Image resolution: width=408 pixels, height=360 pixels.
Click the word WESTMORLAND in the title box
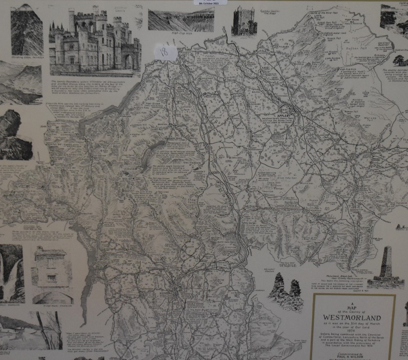pyautogui.click(x=352, y=317)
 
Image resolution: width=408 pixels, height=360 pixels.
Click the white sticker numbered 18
pyautogui.click(x=165, y=53)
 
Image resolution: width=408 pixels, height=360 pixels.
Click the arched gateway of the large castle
pyautogui.click(x=129, y=61)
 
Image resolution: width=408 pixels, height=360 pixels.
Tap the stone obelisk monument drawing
pyautogui.click(x=385, y=263)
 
